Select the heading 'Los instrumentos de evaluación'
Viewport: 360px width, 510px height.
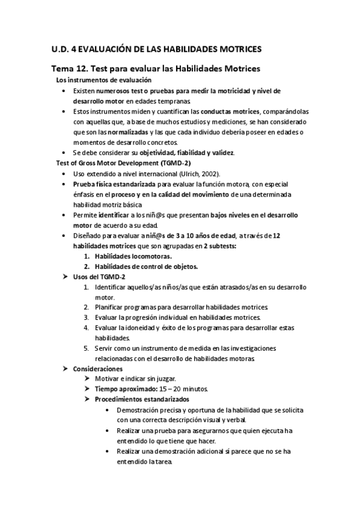(x=103, y=80)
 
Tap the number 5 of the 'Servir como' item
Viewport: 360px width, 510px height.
(x=87, y=348)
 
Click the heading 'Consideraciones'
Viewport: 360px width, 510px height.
(x=97, y=369)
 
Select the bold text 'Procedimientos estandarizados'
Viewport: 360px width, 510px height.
(x=142, y=399)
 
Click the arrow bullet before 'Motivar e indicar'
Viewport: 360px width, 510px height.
(x=88, y=379)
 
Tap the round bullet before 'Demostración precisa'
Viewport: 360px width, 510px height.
(x=107, y=410)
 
